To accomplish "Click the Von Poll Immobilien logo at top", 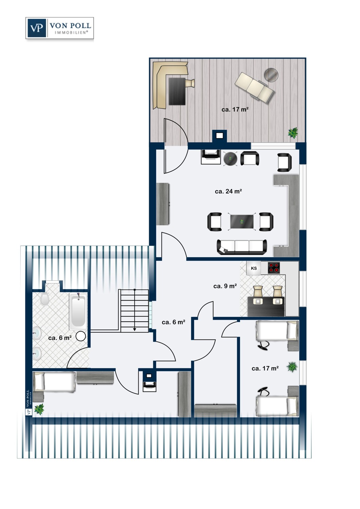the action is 59,28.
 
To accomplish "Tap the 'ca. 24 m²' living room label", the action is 228,191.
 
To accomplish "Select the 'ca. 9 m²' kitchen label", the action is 225,286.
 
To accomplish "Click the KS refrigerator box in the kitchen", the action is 254,268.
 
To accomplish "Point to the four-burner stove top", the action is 274,268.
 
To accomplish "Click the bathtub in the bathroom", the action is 78,312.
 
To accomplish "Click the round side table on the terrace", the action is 271,75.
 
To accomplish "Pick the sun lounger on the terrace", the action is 254,88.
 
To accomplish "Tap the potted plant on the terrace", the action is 293,133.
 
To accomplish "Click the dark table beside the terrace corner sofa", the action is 177,91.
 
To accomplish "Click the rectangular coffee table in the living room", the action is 242,221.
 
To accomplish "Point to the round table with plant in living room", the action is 230,158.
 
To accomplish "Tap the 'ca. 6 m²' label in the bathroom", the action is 60,338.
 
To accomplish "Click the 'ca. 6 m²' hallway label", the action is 173,322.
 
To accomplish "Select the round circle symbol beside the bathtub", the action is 80,336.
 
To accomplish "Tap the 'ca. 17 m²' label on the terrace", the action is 235,109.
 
